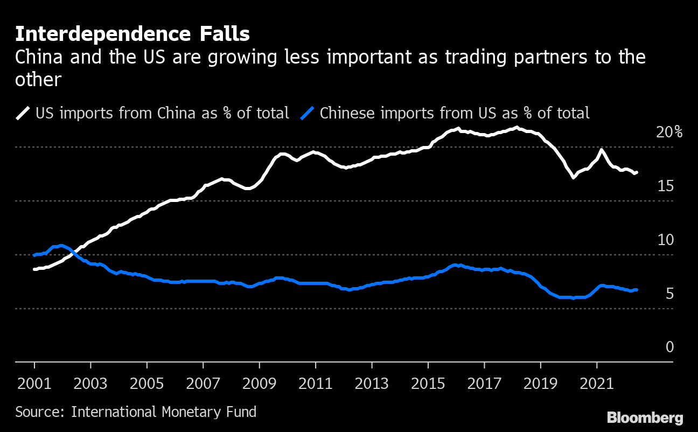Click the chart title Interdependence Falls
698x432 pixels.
[132, 34]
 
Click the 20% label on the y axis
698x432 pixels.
[669, 132]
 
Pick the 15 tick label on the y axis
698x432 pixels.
[666, 186]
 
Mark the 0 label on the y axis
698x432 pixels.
[669, 347]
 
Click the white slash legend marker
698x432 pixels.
[23, 113]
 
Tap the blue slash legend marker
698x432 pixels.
[307, 113]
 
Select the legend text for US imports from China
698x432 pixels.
[162, 113]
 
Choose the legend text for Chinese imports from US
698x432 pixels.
[455, 113]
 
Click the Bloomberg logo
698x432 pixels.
[645, 417]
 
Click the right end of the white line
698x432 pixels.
[637, 172]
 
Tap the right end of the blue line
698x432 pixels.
[637, 290]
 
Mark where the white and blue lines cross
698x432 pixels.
[73, 253]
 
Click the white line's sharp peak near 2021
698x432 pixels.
[601, 150]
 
